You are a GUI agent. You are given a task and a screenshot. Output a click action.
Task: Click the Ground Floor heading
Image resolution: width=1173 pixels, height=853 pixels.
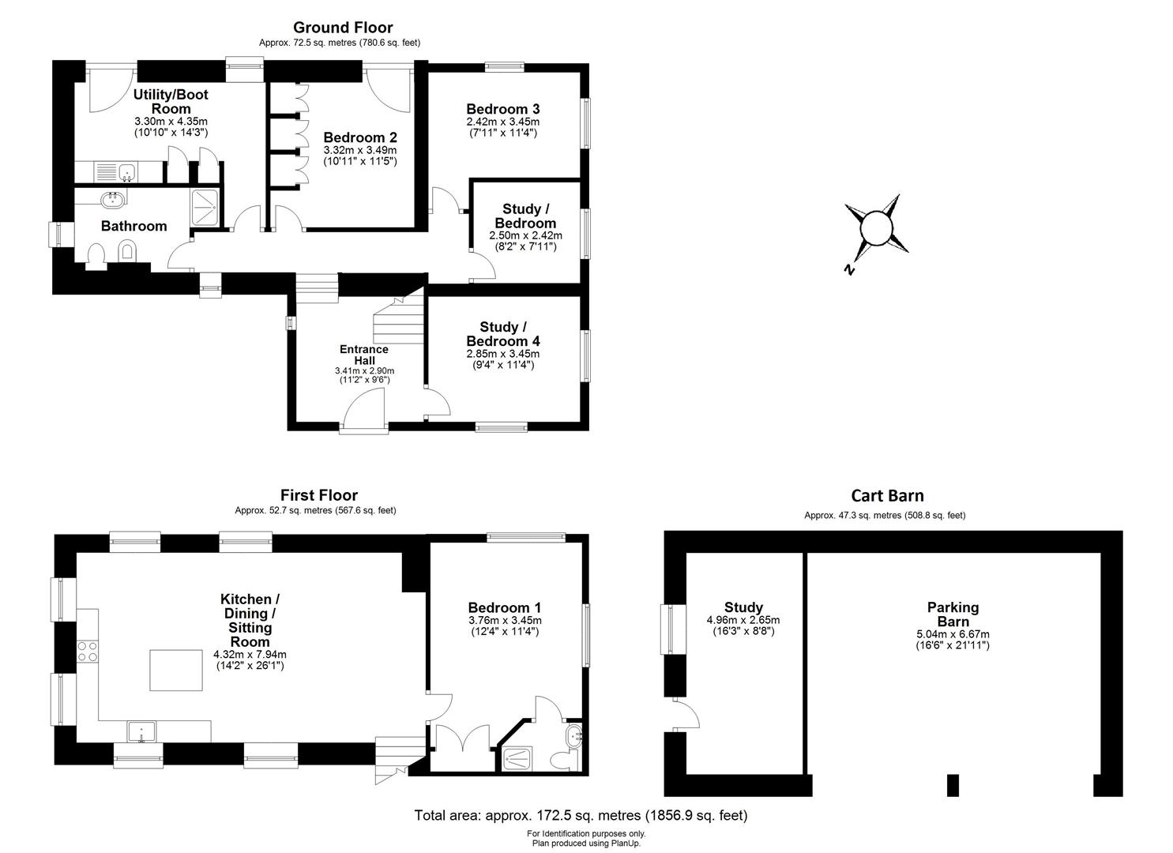pyautogui.click(x=343, y=27)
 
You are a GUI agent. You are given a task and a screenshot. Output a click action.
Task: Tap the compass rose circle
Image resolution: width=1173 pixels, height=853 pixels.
pyautogui.click(x=876, y=228)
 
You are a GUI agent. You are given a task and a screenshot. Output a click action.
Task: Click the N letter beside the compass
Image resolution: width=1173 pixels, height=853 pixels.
pyautogui.click(x=849, y=269)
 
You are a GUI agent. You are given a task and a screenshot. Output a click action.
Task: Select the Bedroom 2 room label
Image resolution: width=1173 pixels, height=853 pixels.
pyautogui.click(x=360, y=137)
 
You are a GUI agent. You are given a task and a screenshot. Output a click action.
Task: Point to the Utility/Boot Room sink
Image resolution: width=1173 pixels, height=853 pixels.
pyautogui.click(x=126, y=171)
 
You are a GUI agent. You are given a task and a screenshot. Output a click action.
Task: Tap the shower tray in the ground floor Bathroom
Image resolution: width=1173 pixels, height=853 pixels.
pyautogui.click(x=205, y=208)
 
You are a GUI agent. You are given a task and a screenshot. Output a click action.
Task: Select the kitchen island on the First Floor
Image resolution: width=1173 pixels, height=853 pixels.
pyautogui.click(x=176, y=671)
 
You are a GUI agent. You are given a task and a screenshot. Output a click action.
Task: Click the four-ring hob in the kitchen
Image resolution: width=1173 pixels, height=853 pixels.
pyautogui.click(x=88, y=651)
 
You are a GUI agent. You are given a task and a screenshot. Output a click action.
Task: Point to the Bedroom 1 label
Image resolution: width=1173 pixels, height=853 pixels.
pyautogui.click(x=504, y=607)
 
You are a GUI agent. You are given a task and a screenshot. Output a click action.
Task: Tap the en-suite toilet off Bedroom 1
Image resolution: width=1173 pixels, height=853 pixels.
pyautogui.click(x=563, y=760)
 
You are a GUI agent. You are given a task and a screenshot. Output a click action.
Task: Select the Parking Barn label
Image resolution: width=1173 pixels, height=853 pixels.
pyautogui.click(x=953, y=614)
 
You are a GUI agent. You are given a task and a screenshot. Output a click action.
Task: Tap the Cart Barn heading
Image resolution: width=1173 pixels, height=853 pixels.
pyautogui.click(x=887, y=495)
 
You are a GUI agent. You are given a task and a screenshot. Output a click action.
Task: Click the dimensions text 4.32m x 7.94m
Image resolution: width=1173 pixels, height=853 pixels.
pyautogui.click(x=250, y=655)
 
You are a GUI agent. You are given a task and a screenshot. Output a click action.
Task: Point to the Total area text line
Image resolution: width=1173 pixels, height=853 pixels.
pyautogui.click(x=581, y=815)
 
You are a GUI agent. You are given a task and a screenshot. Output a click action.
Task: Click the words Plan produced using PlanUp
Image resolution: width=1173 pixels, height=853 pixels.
pyautogui.click(x=586, y=843)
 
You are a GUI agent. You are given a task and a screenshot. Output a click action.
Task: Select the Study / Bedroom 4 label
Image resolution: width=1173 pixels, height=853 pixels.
pyautogui.click(x=502, y=334)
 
